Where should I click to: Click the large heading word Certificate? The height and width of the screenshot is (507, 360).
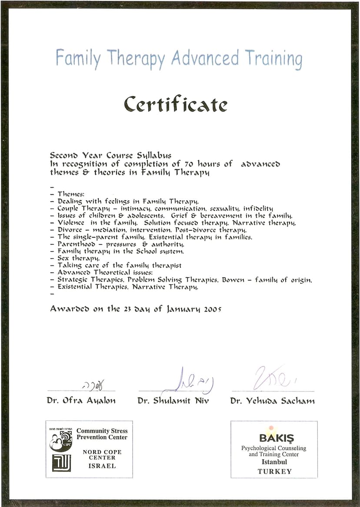[x=175, y=104]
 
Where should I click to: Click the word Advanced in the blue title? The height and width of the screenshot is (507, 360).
[x=205, y=58]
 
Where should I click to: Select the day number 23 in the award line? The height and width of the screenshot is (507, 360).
[x=127, y=309]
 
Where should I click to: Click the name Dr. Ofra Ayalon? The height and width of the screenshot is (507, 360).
[x=81, y=401]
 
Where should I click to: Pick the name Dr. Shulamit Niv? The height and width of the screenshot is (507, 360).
[x=173, y=401]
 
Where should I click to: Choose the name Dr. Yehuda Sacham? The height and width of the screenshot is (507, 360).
[x=272, y=401]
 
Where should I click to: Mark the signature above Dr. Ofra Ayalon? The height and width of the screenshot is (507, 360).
[x=93, y=385]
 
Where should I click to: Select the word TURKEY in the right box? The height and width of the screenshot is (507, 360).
[x=274, y=471]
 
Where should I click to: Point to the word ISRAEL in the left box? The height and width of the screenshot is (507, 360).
[x=102, y=466]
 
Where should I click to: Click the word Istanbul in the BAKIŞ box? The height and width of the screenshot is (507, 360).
[x=274, y=462]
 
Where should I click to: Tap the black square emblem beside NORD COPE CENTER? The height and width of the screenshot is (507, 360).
[x=61, y=463]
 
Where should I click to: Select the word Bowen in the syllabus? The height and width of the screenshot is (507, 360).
[x=233, y=280]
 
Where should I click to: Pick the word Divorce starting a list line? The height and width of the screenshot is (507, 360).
[x=71, y=230]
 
